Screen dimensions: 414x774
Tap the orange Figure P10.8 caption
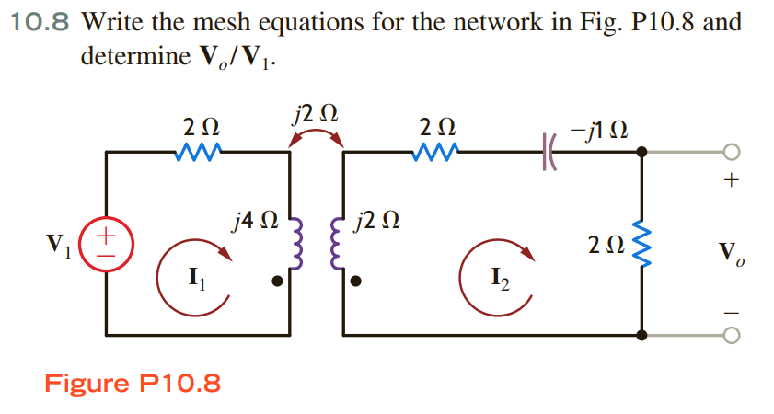133,383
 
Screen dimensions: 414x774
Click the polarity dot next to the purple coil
277,282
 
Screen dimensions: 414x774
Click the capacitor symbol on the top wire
551,151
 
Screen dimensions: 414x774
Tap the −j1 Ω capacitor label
599,128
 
